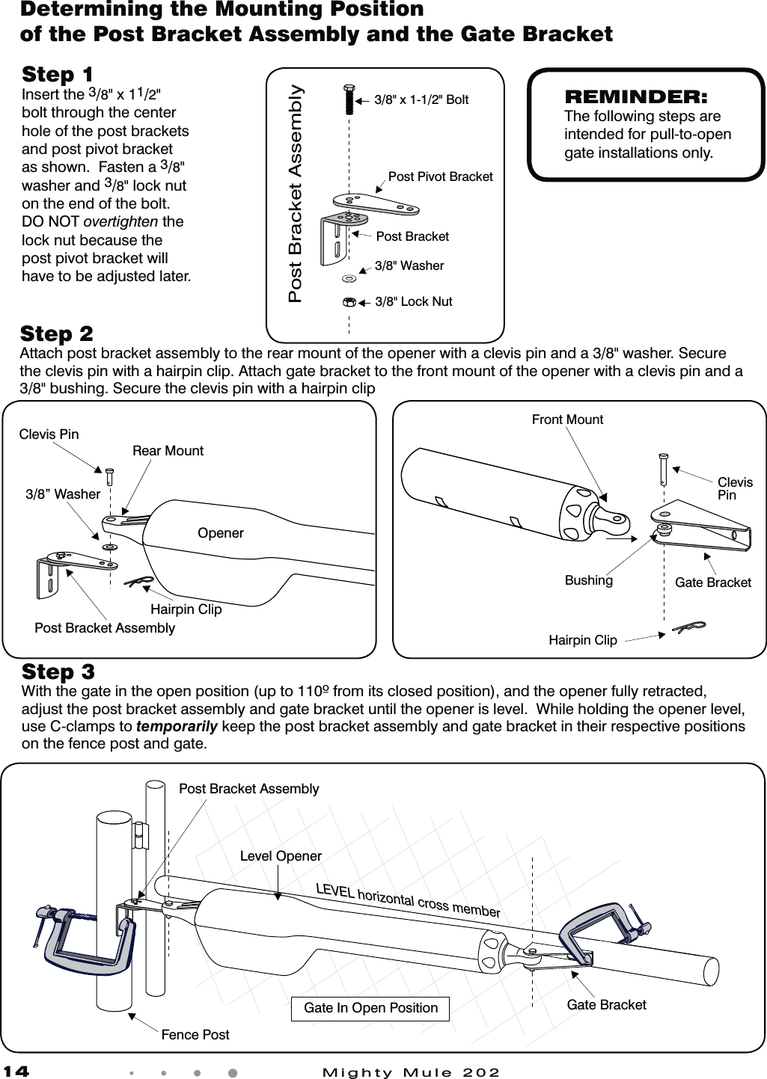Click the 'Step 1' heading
coord(58,75)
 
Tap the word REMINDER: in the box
coord(635,96)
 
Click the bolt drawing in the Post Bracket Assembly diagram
coord(349,100)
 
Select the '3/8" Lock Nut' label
coord(413,302)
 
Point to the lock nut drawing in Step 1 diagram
coord(349,303)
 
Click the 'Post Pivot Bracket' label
coord(440,177)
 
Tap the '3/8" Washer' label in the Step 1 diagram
coord(409,266)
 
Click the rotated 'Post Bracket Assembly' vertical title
coord(296,194)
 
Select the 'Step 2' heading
coord(57,333)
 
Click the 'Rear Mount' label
coord(168,451)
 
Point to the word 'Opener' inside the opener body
coord(220,533)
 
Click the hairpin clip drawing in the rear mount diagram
coord(138,581)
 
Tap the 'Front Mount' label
coord(567,420)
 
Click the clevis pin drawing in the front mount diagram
coord(663,469)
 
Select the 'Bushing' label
coord(588,581)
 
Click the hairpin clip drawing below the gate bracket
coord(688,627)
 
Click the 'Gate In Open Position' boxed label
coord(370,1009)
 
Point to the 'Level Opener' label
coord(281,856)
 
